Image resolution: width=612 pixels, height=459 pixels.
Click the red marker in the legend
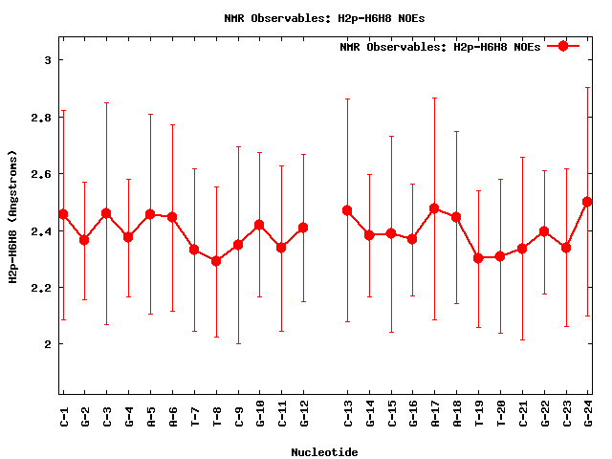pos(563,46)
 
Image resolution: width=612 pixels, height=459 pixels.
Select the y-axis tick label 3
pos(48,60)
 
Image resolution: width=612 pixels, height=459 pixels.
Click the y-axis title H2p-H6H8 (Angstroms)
pos(13,216)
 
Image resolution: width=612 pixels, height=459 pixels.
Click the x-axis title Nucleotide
pos(325,452)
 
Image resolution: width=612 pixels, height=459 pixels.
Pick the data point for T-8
pos(216,260)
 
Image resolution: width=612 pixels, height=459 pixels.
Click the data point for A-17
pos(434,208)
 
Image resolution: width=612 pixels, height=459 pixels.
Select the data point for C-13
pos(347,210)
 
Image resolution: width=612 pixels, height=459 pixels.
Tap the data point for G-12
pos(303,228)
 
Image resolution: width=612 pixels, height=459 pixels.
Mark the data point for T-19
pos(478,258)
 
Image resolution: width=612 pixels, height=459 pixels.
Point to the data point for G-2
pos(84,240)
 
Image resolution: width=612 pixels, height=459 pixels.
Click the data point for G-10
pos(259,225)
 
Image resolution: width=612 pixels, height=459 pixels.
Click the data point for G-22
pos(544,231)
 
